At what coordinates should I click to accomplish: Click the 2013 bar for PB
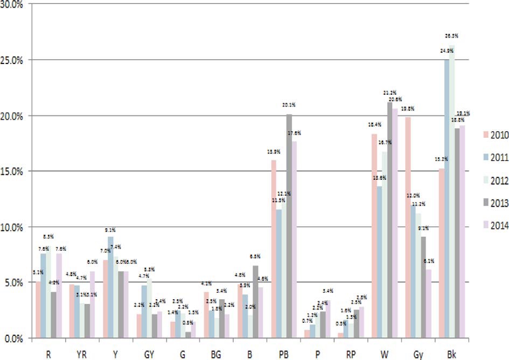289,226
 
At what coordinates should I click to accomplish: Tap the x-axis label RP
350,352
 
